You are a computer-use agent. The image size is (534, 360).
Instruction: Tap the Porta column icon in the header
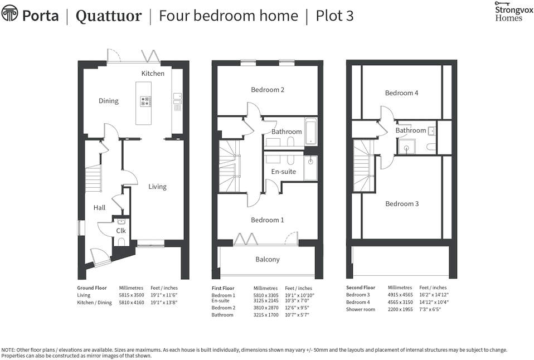tap(9, 13)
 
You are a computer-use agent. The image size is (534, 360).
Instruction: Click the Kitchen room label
tap(153, 74)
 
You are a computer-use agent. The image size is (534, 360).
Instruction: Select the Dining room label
tap(109, 101)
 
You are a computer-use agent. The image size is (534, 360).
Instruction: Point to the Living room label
tap(157, 187)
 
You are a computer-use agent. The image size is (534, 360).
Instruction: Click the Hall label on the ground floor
tap(99, 208)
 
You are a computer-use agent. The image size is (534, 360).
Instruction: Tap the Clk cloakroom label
tap(121, 230)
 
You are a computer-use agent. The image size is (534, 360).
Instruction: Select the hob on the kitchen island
tap(146, 101)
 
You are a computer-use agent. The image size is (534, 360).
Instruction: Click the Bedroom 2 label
tap(268, 90)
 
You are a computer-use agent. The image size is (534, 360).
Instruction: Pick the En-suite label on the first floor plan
tap(283, 172)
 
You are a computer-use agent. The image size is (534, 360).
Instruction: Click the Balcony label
tap(268, 259)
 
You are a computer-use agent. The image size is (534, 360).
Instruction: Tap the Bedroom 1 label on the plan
tap(267, 220)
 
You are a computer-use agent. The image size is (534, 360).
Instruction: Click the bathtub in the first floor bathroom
tap(310, 132)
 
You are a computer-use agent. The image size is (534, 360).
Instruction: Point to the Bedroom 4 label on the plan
tap(401, 93)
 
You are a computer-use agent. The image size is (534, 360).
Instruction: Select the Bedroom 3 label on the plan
tap(402, 204)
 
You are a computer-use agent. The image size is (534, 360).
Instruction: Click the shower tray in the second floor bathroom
tap(407, 147)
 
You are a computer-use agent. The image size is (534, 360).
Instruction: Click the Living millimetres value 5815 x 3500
tap(131, 295)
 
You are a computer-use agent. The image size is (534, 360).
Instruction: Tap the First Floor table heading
tap(223, 288)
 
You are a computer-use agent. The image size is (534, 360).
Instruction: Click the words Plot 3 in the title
tap(334, 16)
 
